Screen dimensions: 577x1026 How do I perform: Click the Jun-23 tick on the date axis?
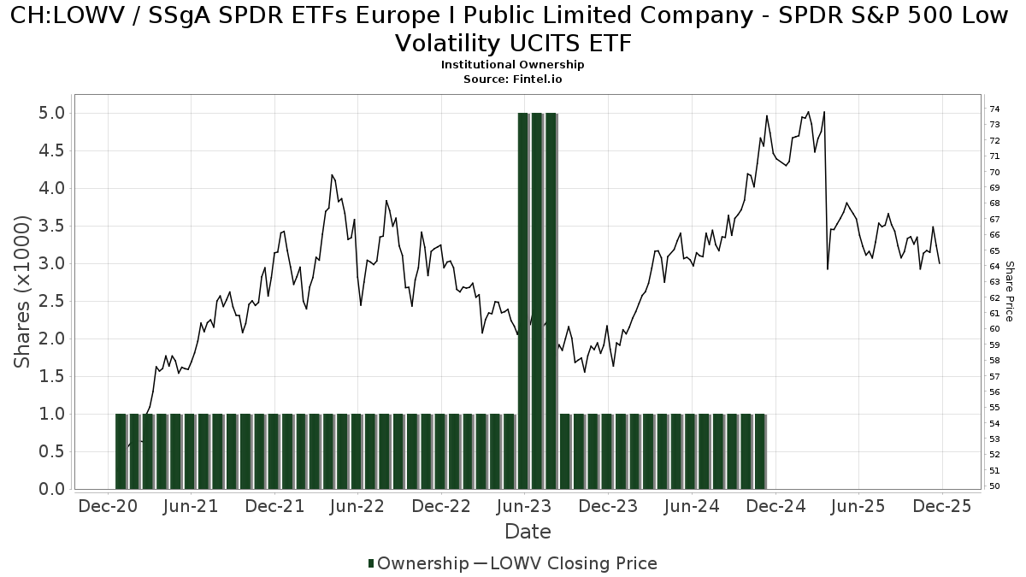(x=524, y=506)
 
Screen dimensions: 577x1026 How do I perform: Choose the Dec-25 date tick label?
(x=941, y=506)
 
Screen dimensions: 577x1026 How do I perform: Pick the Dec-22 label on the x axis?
(x=441, y=506)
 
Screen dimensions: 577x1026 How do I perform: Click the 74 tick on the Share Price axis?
(x=994, y=109)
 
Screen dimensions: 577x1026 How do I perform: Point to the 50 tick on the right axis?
(x=994, y=486)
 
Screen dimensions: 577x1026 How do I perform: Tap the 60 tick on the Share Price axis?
(x=994, y=329)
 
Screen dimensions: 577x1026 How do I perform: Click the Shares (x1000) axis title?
(x=23, y=291)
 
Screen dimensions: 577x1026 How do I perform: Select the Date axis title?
(x=528, y=532)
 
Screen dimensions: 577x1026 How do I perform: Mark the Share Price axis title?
(x=1009, y=291)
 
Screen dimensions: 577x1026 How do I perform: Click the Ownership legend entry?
(x=419, y=563)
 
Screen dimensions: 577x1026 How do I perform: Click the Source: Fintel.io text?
(x=512, y=79)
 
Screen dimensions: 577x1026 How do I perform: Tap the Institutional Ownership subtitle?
(x=512, y=65)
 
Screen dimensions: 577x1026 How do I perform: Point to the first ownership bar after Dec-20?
(x=121, y=451)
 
